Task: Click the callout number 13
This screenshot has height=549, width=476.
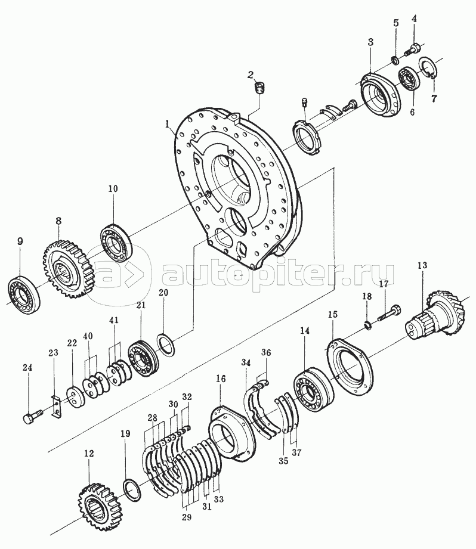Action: (x=422, y=265)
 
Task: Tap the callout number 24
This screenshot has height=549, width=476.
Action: (x=27, y=368)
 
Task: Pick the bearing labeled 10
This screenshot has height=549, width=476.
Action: (x=116, y=243)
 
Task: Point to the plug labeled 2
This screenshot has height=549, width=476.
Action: (x=259, y=88)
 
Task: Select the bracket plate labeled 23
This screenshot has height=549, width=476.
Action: (x=55, y=406)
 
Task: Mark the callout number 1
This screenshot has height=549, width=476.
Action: (x=168, y=124)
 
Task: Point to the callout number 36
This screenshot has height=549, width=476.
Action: (x=266, y=352)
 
